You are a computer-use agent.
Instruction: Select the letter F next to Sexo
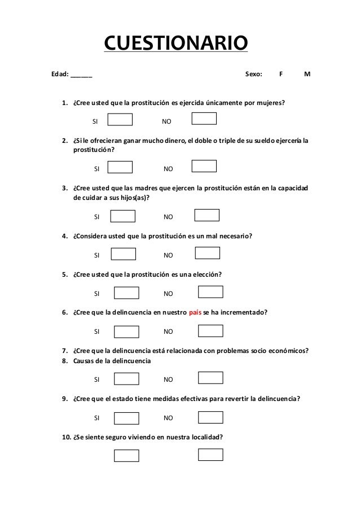pos(281,75)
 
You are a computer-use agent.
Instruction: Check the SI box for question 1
pos(120,120)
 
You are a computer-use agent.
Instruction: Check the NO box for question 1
pos(204,118)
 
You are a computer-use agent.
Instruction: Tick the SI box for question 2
pos(120,167)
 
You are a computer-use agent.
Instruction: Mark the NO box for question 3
pos(207,215)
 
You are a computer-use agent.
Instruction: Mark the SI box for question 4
pos(123,254)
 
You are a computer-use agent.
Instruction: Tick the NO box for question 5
pos(210,291)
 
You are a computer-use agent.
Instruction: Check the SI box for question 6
pos(126,332)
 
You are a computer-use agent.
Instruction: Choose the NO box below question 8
pos(210,378)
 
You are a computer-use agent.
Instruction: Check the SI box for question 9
pos(126,418)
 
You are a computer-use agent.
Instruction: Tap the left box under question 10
pos(126,455)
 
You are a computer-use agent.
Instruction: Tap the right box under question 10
pos(210,454)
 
